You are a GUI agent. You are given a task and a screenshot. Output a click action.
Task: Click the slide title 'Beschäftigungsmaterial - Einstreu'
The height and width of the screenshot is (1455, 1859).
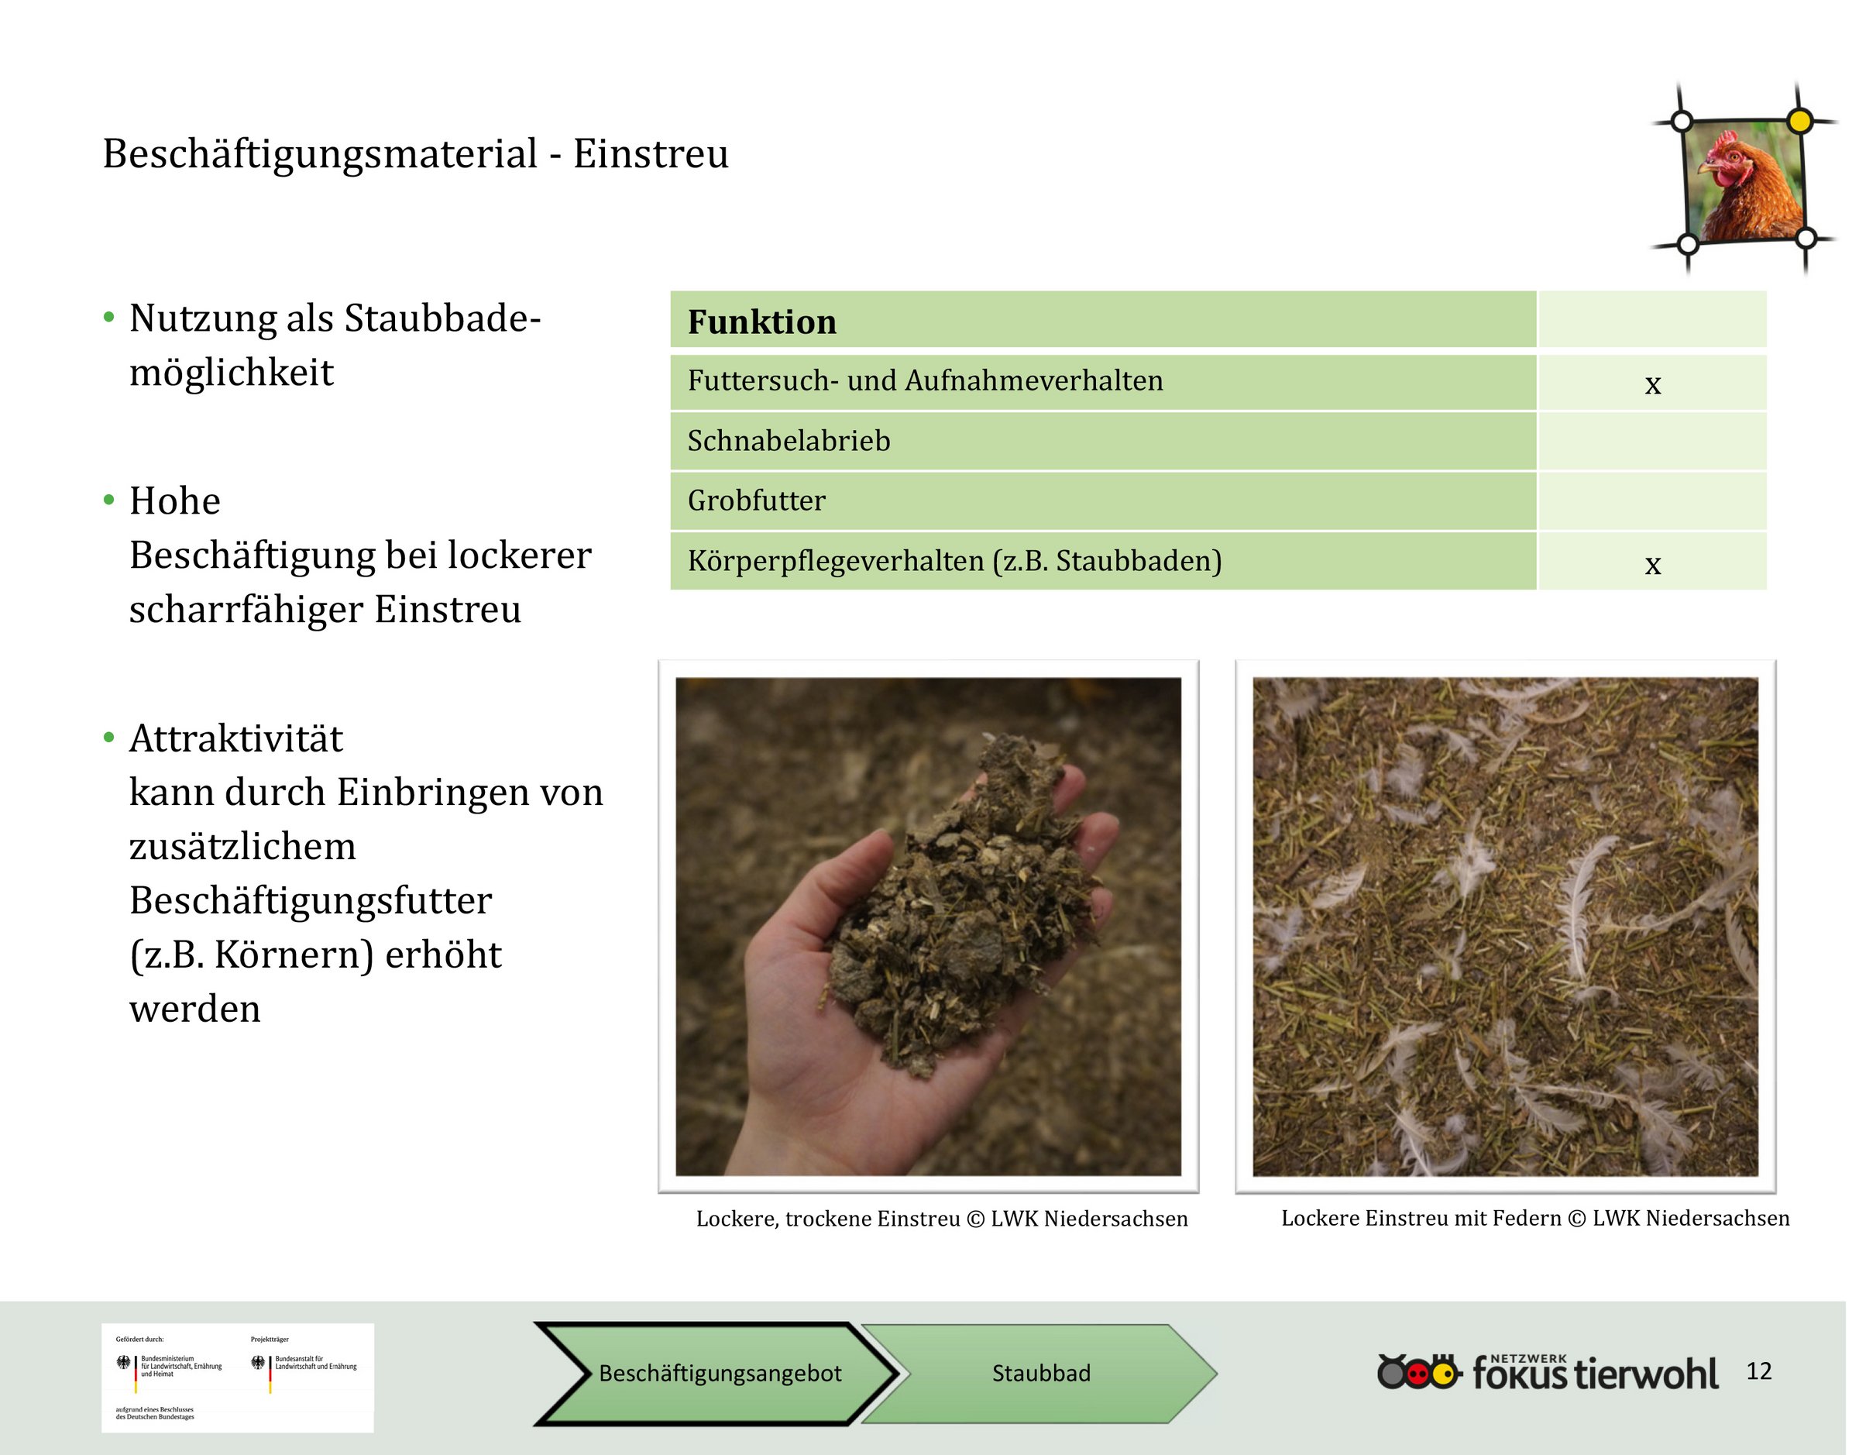(416, 154)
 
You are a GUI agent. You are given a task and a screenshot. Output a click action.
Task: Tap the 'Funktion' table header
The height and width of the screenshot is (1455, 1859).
(762, 322)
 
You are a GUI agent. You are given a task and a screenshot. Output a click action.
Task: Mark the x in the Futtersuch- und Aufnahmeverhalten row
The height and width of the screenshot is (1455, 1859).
(1652, 384)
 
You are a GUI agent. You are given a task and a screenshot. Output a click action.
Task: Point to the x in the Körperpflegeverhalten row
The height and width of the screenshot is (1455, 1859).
(1652, 564)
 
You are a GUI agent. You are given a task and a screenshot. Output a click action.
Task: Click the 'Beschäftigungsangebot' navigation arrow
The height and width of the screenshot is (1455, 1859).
(717, 1373)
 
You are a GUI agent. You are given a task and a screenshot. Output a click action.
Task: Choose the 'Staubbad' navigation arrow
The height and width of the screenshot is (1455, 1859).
(1040, 1373)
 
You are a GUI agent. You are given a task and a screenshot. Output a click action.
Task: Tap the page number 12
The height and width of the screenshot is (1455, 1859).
(1758, 1371)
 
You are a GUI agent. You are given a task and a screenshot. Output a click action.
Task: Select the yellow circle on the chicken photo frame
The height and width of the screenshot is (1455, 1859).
(1799, 121)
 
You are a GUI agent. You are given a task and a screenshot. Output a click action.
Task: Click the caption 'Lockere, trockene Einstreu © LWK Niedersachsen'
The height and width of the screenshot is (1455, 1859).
(942, 1219)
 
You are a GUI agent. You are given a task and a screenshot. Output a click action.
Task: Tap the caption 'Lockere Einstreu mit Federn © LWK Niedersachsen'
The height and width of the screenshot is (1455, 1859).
(1534, 1218)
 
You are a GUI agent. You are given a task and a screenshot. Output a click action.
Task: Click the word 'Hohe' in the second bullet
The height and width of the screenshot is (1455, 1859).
(174, 501)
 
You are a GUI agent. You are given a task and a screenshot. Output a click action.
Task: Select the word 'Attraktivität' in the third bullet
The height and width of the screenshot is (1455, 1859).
(236, 738)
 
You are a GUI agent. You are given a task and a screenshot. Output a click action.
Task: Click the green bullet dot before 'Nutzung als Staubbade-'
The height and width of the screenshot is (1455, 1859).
(108, 318)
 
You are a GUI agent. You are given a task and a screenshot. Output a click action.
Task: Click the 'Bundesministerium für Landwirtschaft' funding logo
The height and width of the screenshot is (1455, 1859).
(170, 1366)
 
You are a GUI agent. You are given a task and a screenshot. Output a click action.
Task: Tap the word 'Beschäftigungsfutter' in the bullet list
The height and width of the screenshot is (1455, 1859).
(311, 900)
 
